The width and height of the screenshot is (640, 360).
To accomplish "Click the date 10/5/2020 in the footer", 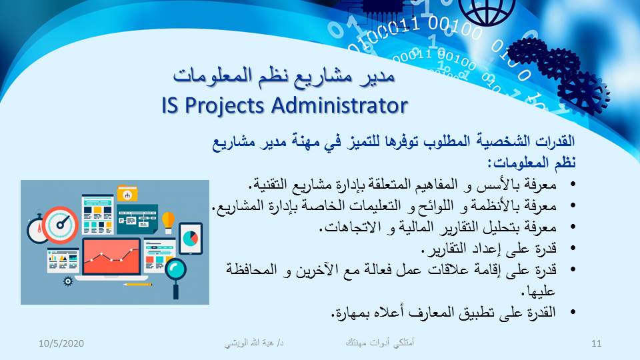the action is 61,343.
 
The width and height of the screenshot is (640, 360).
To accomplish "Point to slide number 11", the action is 596,343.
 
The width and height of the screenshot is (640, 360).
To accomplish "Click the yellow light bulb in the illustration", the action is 168,221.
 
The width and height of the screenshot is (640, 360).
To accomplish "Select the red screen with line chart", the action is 111,257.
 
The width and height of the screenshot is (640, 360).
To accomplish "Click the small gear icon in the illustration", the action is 68,281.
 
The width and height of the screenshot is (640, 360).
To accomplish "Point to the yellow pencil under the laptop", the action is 137,284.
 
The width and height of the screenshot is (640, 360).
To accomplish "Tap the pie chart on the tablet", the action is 190,238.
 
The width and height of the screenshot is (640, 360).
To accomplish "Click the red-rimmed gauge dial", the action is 61,225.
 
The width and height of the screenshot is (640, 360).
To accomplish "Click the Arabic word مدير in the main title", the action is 377,76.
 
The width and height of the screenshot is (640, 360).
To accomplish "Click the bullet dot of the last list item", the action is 573,312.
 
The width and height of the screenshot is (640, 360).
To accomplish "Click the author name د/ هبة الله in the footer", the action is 254,343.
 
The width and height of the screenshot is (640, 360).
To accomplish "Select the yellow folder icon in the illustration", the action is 127,193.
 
